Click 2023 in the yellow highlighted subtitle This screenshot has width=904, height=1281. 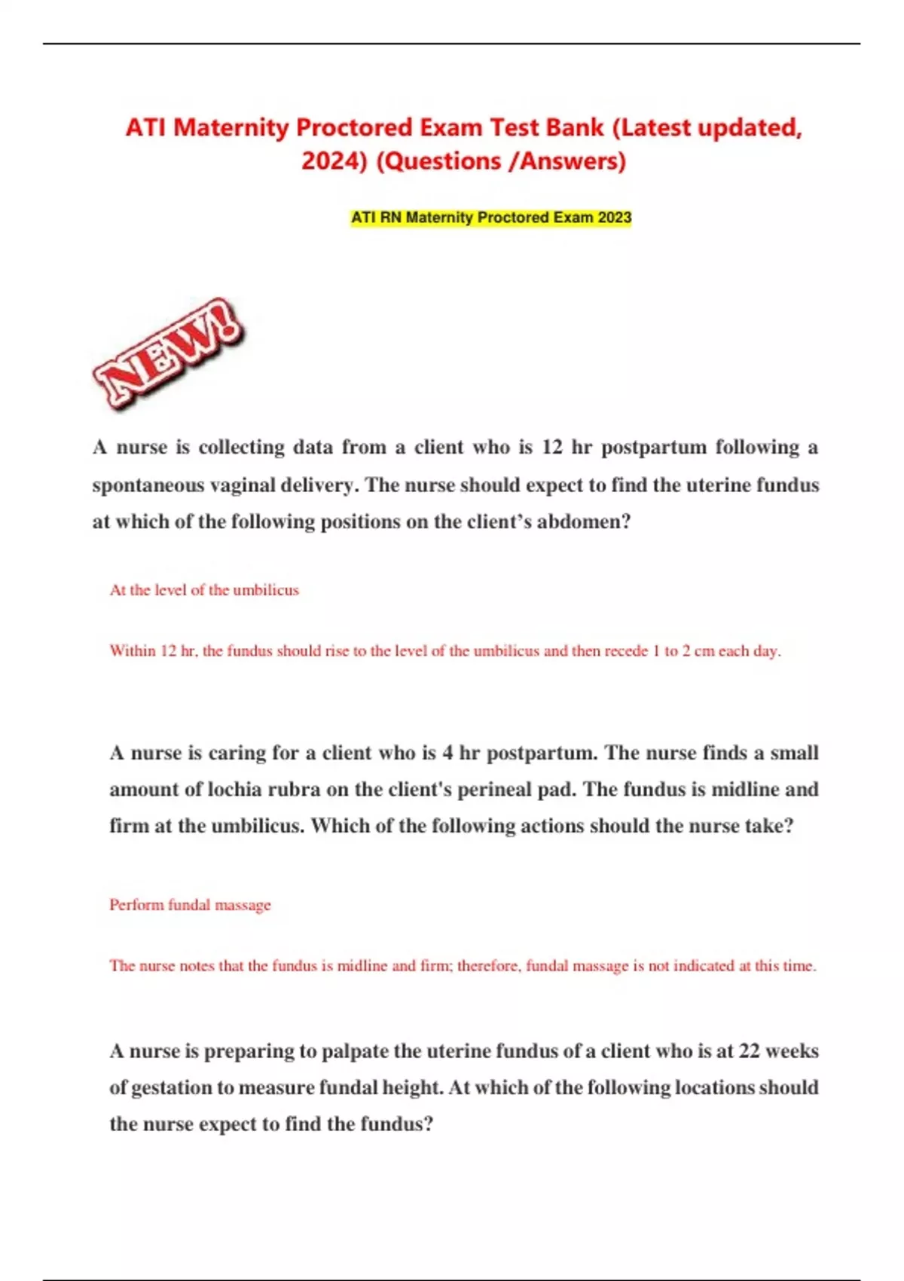coord(614,218)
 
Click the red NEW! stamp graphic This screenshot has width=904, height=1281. coord(167,353)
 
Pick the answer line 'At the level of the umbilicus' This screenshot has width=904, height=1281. coord(204,590)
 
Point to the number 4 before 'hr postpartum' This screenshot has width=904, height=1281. coord(448,753)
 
